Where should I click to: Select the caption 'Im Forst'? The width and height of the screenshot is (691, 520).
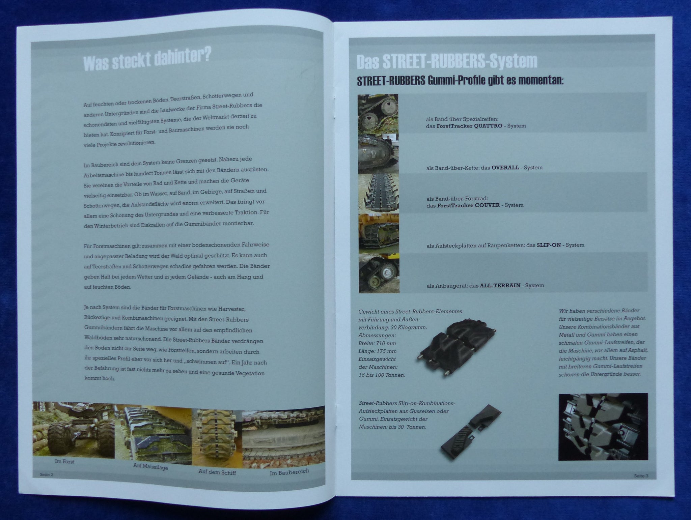(x=64, y=461)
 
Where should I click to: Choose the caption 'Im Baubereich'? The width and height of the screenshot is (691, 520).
(x=289, y=472)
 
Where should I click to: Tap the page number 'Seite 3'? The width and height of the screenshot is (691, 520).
(x=641, y=476)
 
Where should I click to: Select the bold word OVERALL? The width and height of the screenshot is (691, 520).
(x=505, y=168)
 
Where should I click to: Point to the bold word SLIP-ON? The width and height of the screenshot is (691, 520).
(x=549, y=245)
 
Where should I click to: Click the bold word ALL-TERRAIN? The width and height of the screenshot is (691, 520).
(x=500, y=285)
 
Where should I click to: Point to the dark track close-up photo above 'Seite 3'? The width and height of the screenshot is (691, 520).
(x=603, y=427)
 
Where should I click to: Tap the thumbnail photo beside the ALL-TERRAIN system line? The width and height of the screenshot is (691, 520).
(x=379, y=273)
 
